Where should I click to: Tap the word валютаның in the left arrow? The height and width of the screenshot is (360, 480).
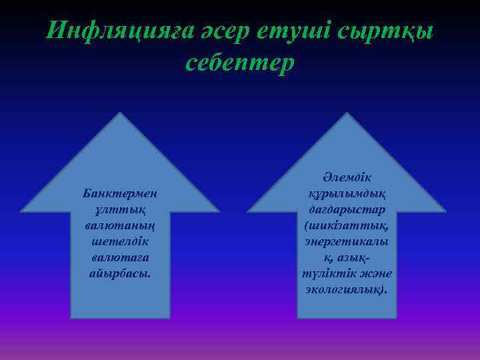click(120, 225)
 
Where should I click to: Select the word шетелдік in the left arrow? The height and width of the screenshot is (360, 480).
click(120, 241)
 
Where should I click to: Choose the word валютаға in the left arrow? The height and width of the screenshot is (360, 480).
click(120, 257)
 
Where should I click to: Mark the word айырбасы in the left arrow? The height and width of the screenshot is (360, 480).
click(119, 273)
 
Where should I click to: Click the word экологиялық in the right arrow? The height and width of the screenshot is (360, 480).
click(345, 289)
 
